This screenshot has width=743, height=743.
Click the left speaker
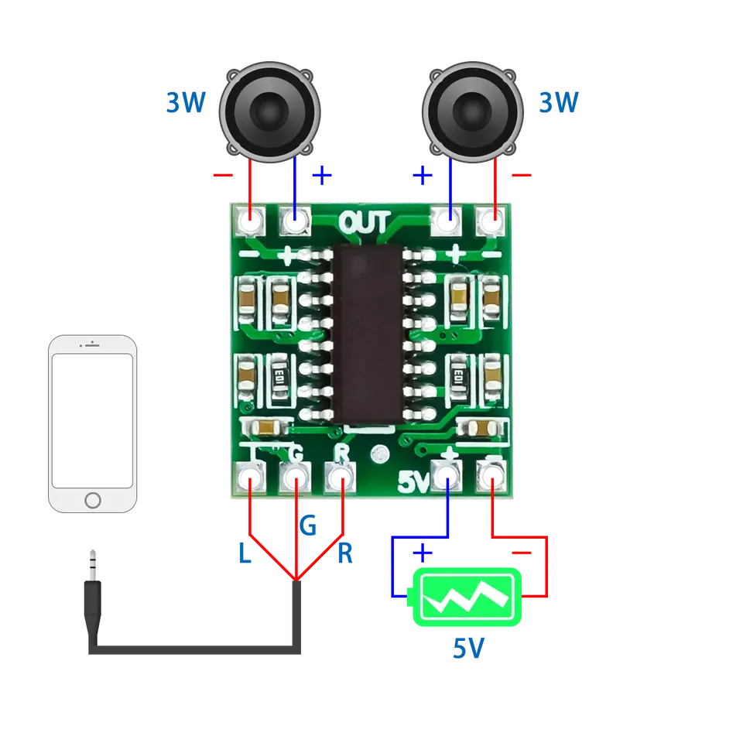(x=269, y=111)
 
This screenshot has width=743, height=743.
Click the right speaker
(x=472, y=111)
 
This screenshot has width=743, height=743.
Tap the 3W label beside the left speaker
(x=186, y=102)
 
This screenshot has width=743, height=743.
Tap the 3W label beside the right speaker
(x=559, y=102)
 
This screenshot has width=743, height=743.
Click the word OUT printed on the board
(x=365, y=222)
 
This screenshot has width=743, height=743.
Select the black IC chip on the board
(x=368, y=334)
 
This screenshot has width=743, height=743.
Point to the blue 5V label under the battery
(x=469, y=649)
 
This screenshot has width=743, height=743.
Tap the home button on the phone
(x=92, y=500)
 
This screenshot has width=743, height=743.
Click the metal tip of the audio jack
(x=93, y=565)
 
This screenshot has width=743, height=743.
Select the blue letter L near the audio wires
(x=245, y=553)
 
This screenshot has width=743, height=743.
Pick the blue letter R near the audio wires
(x=345, y=553)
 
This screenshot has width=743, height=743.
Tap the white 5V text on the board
(x=413, y=481)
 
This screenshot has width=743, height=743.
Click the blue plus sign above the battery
(x=423, y=553)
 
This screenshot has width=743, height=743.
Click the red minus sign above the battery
(x=521, y=553)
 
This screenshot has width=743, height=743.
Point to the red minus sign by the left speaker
(x=223, y=176)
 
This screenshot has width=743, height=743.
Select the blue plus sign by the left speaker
(x=322, y=176)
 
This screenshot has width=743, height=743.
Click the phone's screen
(x=92, y=420)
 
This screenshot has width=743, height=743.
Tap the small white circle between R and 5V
(x=379, y=455)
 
